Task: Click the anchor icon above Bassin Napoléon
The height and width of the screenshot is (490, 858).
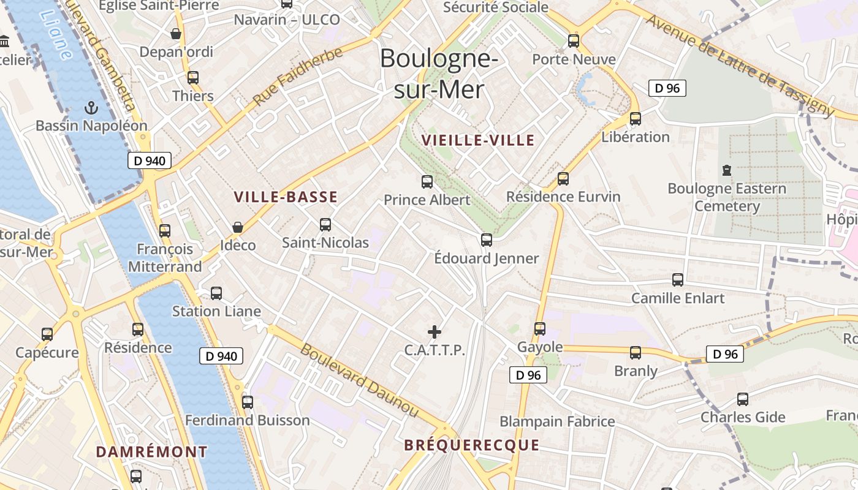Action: click(x=91, y=108)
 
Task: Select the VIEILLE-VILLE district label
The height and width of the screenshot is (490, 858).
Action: click(x=478, y=140)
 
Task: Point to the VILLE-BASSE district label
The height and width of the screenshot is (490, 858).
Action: click(x=286, y=197)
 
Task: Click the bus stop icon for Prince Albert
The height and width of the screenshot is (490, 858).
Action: click(x=427, y=182)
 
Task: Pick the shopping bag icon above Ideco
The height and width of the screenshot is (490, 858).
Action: click(x=238, y=228)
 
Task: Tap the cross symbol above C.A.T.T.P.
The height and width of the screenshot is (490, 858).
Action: click(x=435, y=333)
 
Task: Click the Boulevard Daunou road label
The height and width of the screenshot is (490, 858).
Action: click(x=359, y=380)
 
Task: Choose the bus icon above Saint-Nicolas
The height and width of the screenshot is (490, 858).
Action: click(x=325, y=225)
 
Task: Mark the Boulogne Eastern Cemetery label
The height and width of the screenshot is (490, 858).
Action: click(x=727, y=197)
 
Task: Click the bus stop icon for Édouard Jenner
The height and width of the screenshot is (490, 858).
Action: click(x=487, y=240)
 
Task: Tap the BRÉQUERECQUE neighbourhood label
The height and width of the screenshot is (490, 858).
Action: click(x=472, y=445)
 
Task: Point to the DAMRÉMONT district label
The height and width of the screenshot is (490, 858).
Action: click(x=152, y=452)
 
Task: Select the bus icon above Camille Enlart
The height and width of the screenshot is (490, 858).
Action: click(x=678, y=280)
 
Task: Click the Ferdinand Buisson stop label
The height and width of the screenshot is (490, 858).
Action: click(x=248, y=421)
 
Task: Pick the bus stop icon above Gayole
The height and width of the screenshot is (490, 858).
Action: click(x=540, y=329)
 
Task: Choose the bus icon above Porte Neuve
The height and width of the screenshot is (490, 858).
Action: click(x=574, y=41)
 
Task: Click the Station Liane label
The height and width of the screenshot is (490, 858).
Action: click(x=216, y=311)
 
